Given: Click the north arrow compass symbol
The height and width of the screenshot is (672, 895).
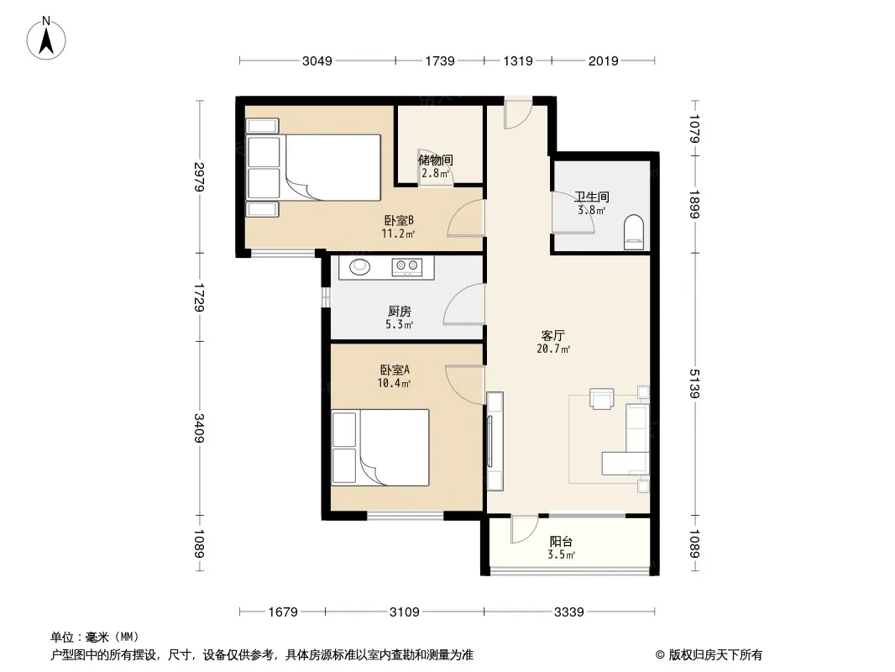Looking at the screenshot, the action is point(46,39).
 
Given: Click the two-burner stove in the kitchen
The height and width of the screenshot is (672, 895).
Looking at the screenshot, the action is point(407,266).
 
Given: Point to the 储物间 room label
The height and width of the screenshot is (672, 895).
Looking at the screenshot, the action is point(436,160).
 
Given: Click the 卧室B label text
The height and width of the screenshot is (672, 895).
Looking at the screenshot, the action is point(399,220).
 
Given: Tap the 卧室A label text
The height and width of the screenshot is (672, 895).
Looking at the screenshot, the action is point(395,370).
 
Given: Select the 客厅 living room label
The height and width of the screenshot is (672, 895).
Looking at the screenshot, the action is point(552,336).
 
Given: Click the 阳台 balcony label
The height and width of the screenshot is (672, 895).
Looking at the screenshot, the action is point(561,541).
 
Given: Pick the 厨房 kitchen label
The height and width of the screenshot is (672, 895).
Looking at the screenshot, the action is point(400,311).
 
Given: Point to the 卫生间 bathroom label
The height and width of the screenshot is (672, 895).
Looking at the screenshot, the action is point(592,197).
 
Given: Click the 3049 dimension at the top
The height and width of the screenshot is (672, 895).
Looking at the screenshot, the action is point(317,60).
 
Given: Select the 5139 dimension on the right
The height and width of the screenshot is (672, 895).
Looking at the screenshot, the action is point(694,384).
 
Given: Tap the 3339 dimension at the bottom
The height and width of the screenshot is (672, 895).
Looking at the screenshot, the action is point(569,612).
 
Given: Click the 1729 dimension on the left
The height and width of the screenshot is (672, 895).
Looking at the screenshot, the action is point(199,297).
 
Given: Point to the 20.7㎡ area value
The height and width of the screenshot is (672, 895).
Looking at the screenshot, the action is point(553,349).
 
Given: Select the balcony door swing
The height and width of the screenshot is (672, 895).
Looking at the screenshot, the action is point(525,530).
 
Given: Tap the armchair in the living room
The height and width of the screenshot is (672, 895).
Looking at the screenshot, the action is point(602,398).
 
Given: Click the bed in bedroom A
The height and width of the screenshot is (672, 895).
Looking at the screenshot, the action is point(380,448).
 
